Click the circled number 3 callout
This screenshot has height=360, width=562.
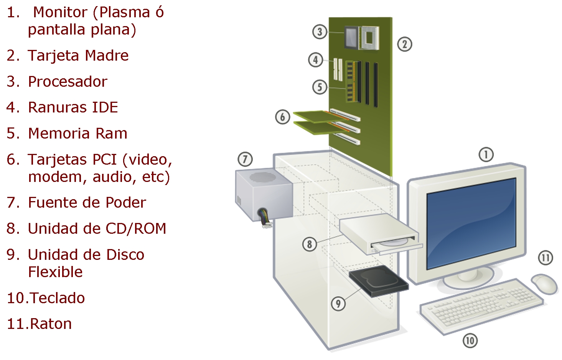click(x=320, y=32)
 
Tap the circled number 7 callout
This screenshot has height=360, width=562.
click(x=245, y=159)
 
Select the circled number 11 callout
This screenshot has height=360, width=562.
click(x=545, y=258)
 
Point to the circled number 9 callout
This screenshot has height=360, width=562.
click(x=338, y=304)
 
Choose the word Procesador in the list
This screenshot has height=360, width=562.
click(x=68, y=82)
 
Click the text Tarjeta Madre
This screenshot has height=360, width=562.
click(x=78, y=56)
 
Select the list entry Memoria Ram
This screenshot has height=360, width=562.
click(x=77, y=134)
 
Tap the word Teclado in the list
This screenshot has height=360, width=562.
click(x=57, y=298)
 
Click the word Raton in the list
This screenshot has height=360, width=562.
click(x=51, y=324)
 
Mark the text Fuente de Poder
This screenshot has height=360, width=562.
click(x=87, y=203)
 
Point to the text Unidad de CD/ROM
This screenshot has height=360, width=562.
click(x=97, y=229)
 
